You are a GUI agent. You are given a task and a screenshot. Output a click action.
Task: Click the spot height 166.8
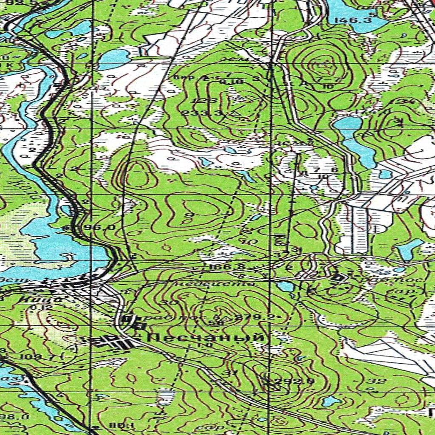(221, 267)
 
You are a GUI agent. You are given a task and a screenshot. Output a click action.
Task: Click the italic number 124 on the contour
(396, 102)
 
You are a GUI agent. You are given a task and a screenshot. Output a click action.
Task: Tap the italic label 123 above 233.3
(198, 100)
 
